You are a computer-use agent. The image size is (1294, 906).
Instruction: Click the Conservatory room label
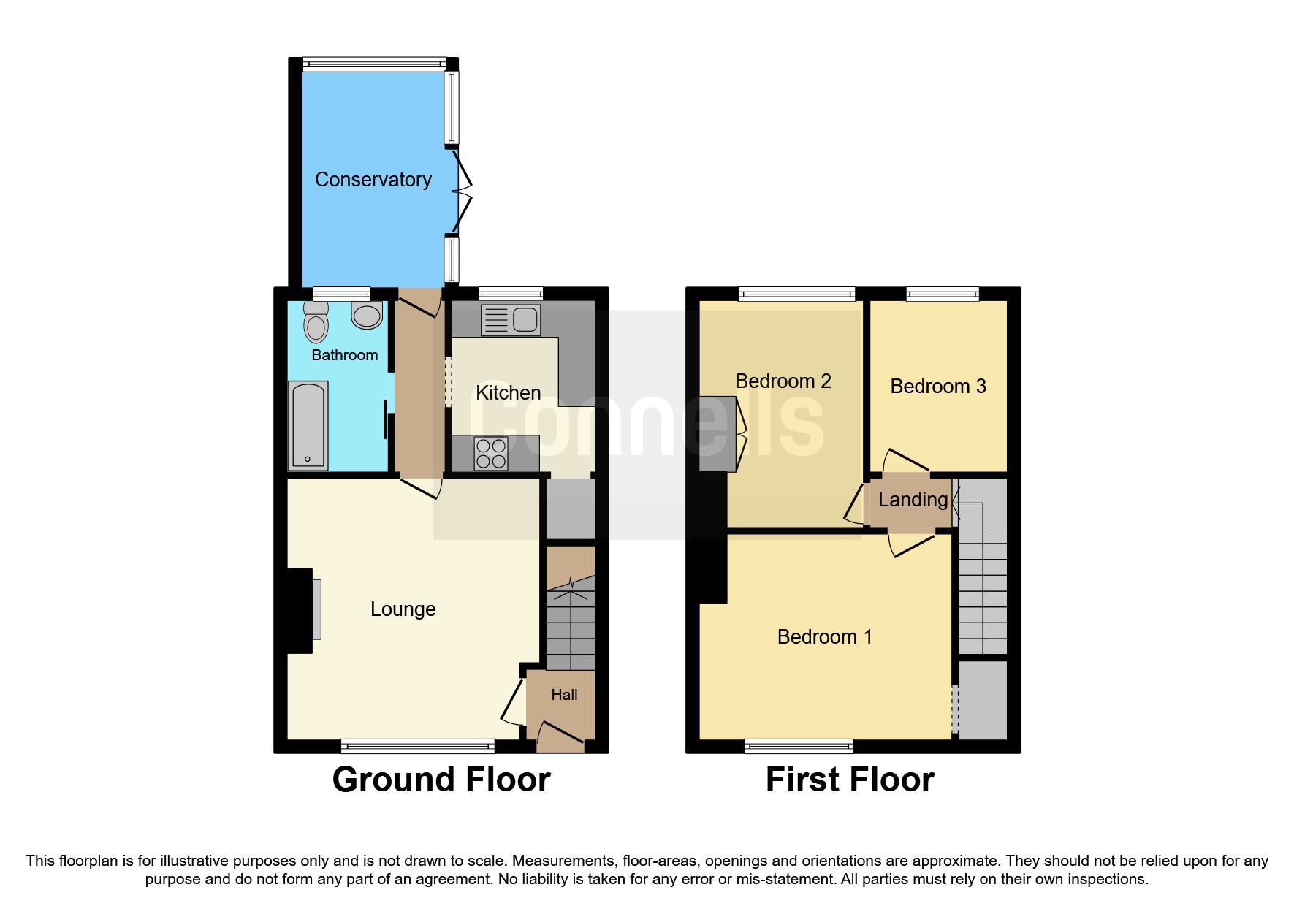(373, 179)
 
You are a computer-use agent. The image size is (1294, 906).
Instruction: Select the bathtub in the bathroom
(308, 426)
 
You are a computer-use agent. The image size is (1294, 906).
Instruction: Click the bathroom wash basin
(367, 315)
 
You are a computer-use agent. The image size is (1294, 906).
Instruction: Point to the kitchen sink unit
(511, 320)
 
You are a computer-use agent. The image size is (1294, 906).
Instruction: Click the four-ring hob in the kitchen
(491, 453)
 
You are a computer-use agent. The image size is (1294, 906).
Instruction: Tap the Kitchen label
(508, 392)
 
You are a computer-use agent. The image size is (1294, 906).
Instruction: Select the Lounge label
(403, 609)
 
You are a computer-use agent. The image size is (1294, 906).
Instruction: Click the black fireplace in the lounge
(300, 611)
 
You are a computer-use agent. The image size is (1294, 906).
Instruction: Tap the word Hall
(564, 695)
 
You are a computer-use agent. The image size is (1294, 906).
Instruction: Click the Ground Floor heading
(441, 780)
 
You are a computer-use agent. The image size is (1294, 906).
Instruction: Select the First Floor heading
(850, 780)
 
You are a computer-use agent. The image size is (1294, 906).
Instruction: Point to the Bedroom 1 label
(824, 636)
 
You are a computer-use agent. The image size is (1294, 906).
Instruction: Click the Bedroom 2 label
(783, 381)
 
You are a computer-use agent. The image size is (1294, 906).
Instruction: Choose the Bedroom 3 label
(938, 386)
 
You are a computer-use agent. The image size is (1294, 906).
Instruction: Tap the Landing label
(913, 500)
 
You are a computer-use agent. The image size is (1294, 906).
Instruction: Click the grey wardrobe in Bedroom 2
(717, 434)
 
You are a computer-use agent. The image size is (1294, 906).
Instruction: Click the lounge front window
(417, 746)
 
